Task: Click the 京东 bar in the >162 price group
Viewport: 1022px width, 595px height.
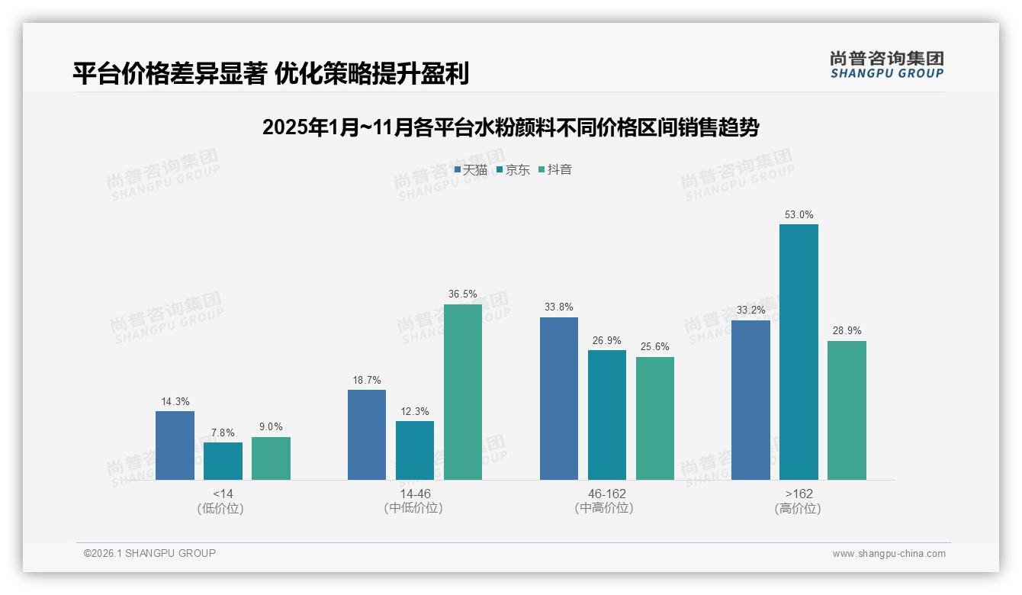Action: coord(799,352)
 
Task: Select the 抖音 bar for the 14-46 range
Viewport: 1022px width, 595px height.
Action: coord(463,392)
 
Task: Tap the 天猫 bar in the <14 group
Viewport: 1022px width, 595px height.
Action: coord(175,445)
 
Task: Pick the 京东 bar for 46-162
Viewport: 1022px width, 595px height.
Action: coord(607,415)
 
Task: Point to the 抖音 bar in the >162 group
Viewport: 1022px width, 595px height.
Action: coord(847,410)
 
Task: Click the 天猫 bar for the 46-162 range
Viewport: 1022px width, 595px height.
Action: coord(559,398)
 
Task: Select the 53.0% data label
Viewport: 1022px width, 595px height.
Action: coord(799,215)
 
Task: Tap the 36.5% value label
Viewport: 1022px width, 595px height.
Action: coord(463,294)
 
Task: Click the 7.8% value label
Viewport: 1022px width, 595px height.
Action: coord(223,433)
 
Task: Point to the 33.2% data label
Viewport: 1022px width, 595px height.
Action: coord(750,310)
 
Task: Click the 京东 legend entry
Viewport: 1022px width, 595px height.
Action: coord(513,170)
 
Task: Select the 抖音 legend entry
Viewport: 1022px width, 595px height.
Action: coord(555,170)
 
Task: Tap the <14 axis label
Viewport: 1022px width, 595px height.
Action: coord(223,494)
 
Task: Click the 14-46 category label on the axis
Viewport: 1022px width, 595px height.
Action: coord(414,494)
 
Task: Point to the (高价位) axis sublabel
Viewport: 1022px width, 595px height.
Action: coord(798,509)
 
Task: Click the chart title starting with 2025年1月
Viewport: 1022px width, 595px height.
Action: coord(510,127)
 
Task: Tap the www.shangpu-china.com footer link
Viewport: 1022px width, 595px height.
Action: coord(889,554)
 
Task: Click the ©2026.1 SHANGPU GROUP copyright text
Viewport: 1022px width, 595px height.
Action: coord(149,553)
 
